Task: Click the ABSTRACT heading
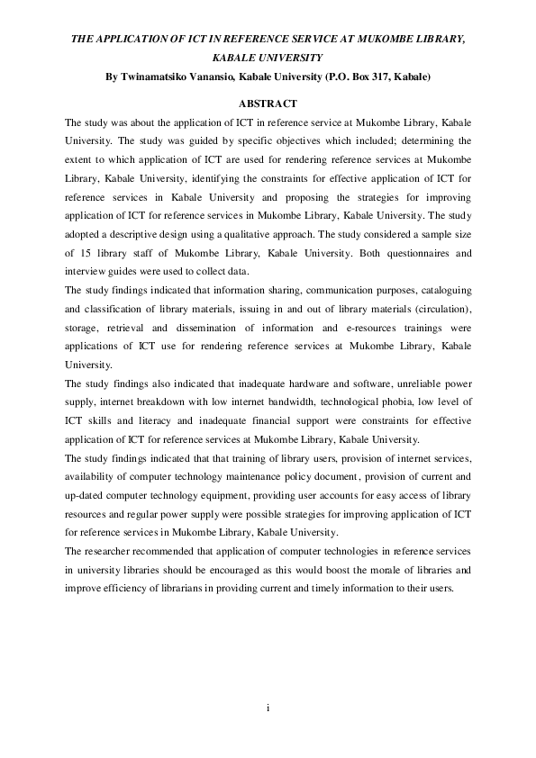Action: pos(268,104)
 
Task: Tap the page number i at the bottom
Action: pos(268,708)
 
